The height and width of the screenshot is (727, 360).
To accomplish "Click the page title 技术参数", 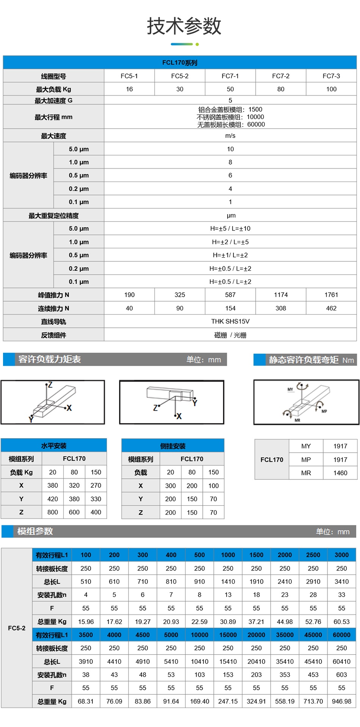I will tap(184, 26).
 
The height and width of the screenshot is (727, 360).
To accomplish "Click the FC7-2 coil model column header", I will tap(280, 76).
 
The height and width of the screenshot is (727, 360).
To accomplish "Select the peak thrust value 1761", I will tap(331, 295).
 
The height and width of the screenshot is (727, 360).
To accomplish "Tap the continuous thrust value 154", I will tap(230, 308).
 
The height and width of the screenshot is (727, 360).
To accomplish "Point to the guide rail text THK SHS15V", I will tap(230, 321).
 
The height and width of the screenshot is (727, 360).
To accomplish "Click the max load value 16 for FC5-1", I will tap(129, 89).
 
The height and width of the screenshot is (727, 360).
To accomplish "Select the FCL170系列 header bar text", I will tap(180, 63).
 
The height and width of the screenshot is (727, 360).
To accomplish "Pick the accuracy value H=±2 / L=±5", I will tap(230, 242).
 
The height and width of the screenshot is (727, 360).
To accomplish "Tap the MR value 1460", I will tap(340, 473).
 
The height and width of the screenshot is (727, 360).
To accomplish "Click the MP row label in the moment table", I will tap(306, 459).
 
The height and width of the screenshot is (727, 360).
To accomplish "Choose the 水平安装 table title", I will tap(54, 446).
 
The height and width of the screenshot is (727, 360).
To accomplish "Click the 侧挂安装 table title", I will tap(173, 446).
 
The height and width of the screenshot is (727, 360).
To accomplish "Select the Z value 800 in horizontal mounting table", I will tap(53, 512).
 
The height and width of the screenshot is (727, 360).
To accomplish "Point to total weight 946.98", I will tap(341, 701).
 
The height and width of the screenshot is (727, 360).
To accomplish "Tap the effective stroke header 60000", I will tap(341, 635).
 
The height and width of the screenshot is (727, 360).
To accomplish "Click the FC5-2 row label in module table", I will tap(17, 628).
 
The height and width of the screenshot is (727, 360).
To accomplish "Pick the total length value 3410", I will tap(341, 581).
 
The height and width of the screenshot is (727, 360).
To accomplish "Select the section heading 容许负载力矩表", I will tap(50, 359).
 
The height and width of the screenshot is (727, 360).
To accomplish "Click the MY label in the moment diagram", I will tap(290, 389).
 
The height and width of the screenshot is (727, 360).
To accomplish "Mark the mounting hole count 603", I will tap(341, 675).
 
